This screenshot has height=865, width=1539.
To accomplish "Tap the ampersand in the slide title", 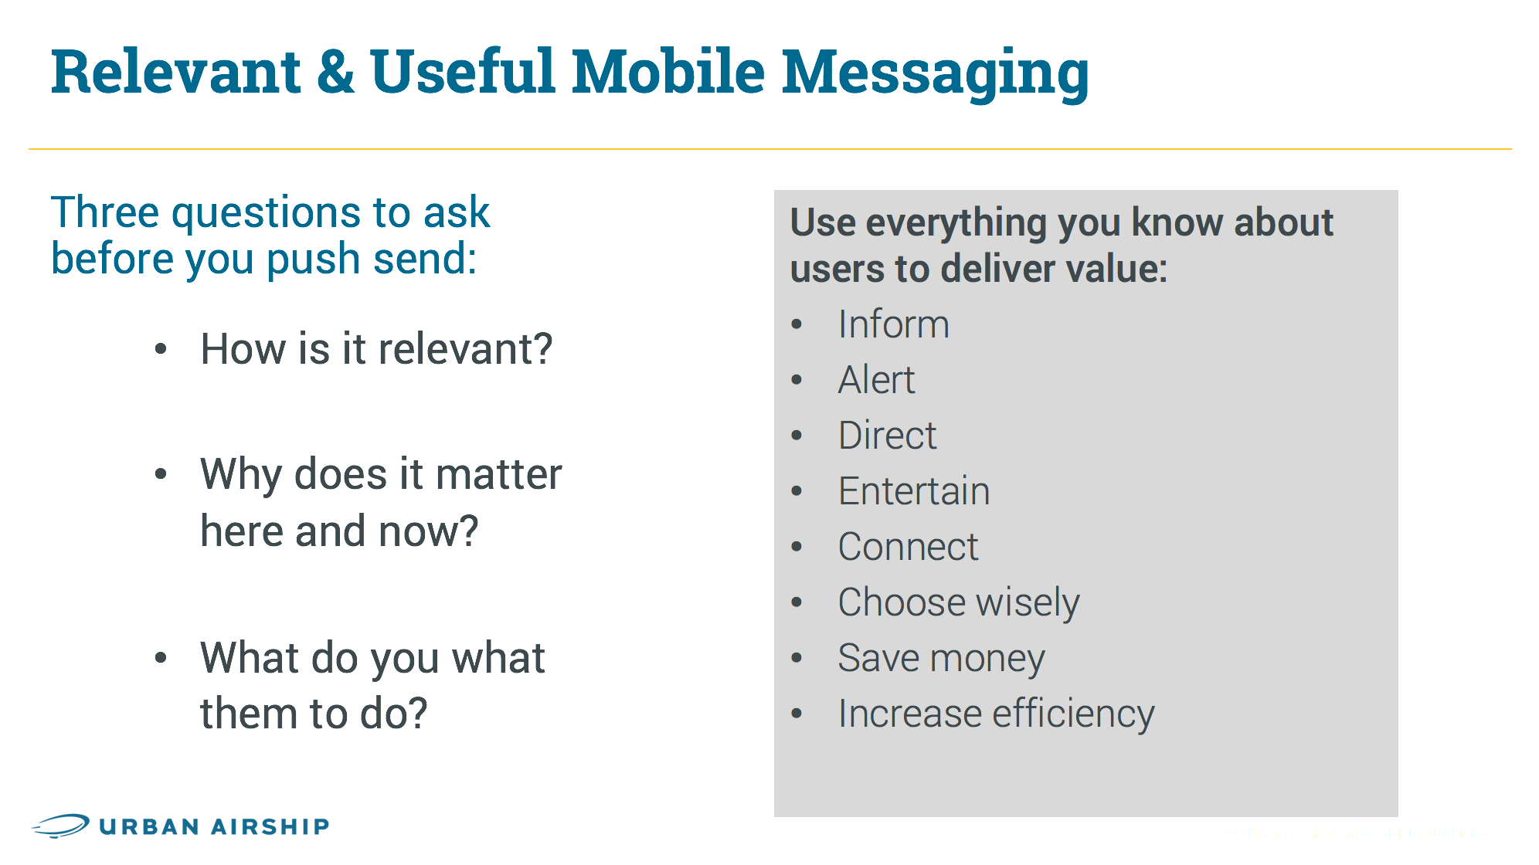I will tap(335, 71).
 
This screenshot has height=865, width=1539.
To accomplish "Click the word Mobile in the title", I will tap(668, 71).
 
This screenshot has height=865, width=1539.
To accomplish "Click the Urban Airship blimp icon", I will tap(61, 826).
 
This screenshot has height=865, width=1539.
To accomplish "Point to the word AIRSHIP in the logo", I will tap(270, 826).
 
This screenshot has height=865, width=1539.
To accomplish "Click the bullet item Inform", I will tap(893, 324).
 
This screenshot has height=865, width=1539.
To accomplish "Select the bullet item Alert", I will tap(876, 380).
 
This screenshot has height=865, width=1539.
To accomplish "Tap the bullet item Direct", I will tap(887, 436).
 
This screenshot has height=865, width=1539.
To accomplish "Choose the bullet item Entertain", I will tap(913, 491).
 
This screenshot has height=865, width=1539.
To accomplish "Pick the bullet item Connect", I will tap(908, 547).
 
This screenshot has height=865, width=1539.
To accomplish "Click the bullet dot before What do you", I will tap(161, 658).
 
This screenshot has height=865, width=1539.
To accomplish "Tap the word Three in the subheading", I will tap(105, 212).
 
